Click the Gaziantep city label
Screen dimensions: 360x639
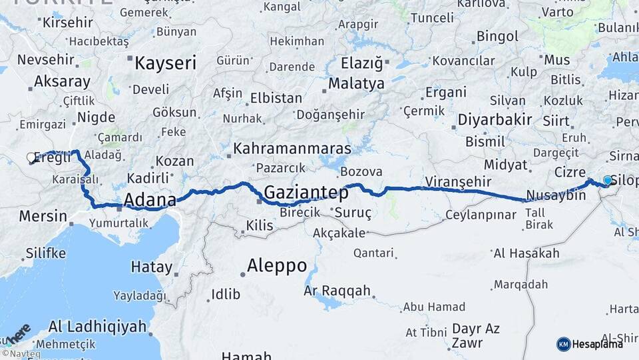click(x=306, y=193)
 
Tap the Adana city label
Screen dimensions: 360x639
click(x=150, y=200)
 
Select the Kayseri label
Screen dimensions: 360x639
click(x=165, y=64)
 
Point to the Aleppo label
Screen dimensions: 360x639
click(x=277, y=266)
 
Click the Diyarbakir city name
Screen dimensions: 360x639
click(x=495, y=120)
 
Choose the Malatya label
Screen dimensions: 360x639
click(x=357, y=84)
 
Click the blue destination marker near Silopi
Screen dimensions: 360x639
click(x=606, y=180)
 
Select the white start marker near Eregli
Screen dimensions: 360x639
click(x=31, y=158)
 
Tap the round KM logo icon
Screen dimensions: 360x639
click(x=563, y=344)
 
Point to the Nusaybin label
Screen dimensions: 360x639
click(x=556, y=196)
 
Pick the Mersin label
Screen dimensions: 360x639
click(x=43, y=216)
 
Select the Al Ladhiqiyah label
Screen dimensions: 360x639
click(x=97, y=327)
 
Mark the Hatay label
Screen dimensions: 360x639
click(x=151, y=267)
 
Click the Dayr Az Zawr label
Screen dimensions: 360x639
click(x=476, y=336)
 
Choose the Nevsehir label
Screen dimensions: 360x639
click(x=45, y=59)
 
